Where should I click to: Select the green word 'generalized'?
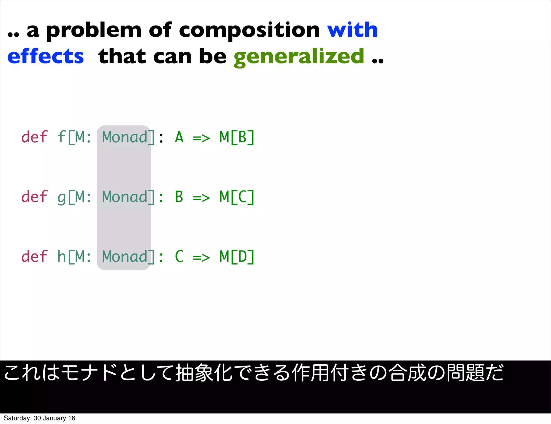(x=299, y=56)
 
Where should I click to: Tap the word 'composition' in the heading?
(x=249, y=30)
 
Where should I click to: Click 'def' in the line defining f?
(x=34, y=137)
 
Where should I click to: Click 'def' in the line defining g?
(x=34, y=197)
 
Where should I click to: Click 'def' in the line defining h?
(x=34, y=256)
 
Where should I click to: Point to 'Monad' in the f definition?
(x=125, y=137)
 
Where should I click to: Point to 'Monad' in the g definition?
(x=125, y=197)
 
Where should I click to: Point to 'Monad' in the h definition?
(x=125, y=257)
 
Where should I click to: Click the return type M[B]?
(x=237, y=137)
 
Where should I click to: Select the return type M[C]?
(x=237, y=197)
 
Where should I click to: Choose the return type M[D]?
(x=237, y=257)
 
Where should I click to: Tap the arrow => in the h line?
(x=202, y=258)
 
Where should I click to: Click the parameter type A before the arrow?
(x=179, y=137)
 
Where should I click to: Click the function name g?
(x=62, y=198)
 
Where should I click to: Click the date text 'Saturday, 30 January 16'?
(x=39, y=418)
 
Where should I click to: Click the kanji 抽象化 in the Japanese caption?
(x=204, y=373)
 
